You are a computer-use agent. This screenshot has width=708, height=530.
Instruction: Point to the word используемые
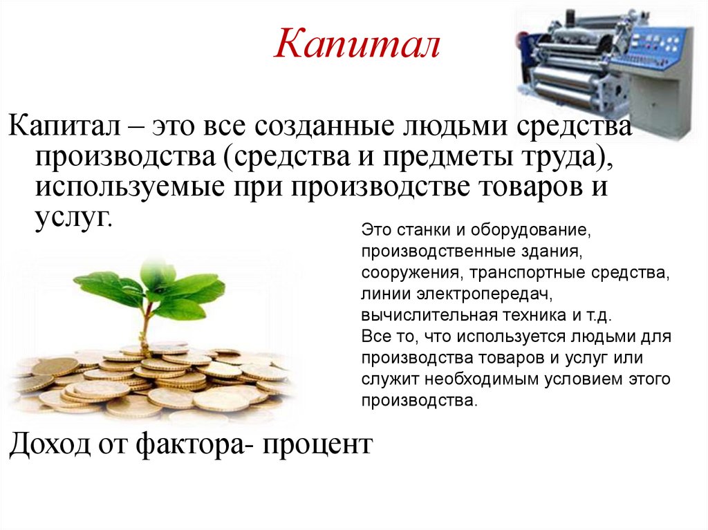tap(124, 187)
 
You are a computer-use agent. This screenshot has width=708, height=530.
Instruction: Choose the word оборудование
tap(535, 229)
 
